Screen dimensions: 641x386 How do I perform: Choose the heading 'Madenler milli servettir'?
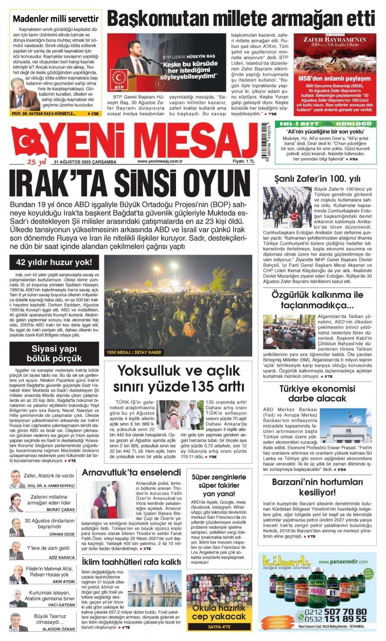tap(56, 20)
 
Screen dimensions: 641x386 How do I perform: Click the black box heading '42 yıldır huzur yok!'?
tap(54, 262)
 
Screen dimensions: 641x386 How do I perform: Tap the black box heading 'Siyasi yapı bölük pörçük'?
tap(54, 354)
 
